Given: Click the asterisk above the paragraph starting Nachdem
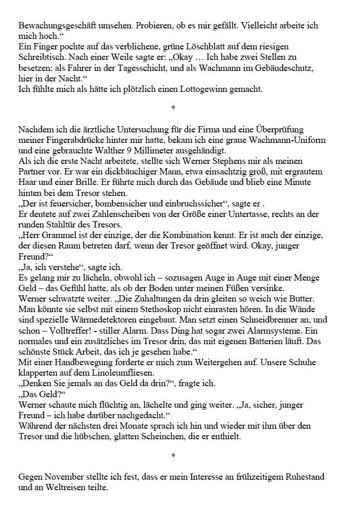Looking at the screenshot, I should (173, 108).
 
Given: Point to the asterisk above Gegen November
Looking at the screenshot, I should (173, 455).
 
